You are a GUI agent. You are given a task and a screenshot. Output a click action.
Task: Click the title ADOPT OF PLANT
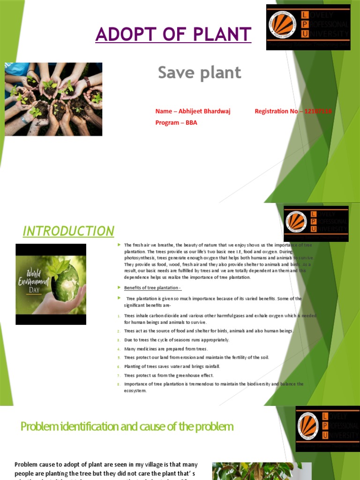tap(173, 34)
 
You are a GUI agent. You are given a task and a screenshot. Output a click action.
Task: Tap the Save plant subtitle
tap(199, 73)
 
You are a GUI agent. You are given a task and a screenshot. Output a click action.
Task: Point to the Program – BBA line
tap(176, 123)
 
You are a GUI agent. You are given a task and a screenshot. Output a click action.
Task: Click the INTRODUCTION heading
tap(68, 231)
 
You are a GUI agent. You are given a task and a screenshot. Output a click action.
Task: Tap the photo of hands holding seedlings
tap(53, 99)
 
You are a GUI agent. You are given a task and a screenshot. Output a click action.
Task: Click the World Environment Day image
tap(51, 284)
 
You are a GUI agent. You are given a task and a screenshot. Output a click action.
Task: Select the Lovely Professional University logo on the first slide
tap(308, 27)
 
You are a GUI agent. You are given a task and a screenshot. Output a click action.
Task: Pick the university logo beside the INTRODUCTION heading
tap(316, 224)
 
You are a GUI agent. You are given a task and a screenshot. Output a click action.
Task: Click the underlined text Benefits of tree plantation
tap(152, 287)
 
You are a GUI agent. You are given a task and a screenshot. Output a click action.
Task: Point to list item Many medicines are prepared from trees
tap(165, 349)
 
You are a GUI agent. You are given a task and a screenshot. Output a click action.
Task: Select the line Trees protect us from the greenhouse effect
tap(169, 375)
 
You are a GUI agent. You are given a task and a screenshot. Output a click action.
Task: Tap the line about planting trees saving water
tap(172, 367)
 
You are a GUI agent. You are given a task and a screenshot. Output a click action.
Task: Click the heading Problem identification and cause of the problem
tap(127, 427)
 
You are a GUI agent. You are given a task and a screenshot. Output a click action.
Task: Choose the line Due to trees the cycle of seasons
tap(176, 340)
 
